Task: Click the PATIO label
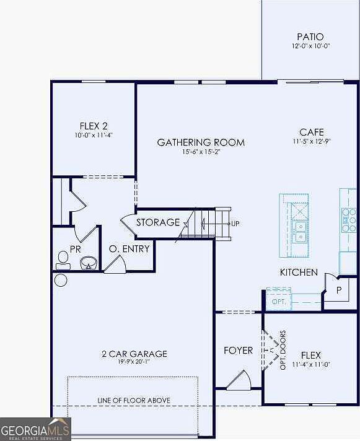(x=310, y=37)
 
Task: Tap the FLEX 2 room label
(x=94, y=125)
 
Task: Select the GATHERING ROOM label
(x=200, y=142)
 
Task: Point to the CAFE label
(x=311, y=132)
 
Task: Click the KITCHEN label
(x=299, y=273)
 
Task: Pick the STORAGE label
(x=158, y=222)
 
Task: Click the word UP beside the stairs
(x=235, y=223)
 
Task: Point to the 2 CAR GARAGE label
(x=134, y=354)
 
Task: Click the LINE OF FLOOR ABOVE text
(x=134, y=400)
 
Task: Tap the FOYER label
(x=238, y=351)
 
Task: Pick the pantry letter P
(x=339, y=289)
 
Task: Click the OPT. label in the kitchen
(x=277, y=302)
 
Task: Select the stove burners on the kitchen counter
(x=348, y=219)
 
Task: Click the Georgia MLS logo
(x=35, y=429)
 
